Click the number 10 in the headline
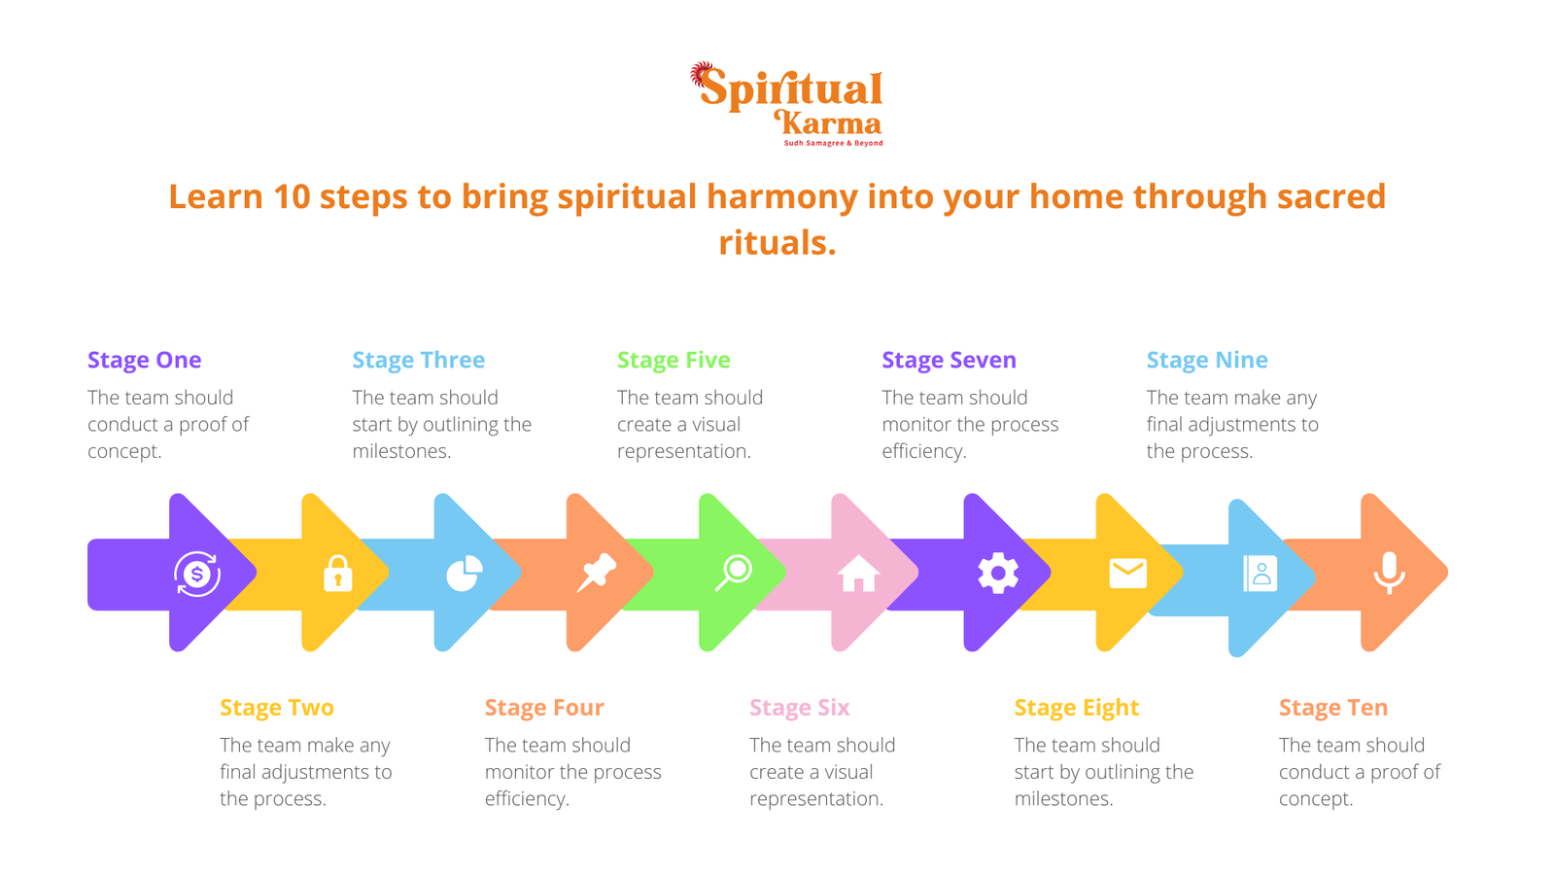[291, 196]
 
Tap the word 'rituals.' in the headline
[777, 242]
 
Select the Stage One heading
[145, 360]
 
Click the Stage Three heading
[418, 360]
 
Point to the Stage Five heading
[674, 360]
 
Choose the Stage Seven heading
[949, 360]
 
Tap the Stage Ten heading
[1332, 708]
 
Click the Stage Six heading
[799, 708]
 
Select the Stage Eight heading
[1076, 708]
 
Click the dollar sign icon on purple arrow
[197, 574]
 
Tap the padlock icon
[337, 574]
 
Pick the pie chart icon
[465, 574]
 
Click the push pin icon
[596, 573]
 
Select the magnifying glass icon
[734, 573]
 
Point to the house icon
[858, 574]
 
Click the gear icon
[998, 574]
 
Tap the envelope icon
[1127, 574]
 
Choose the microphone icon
[1389, 573]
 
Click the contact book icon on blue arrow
[1260, 574]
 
